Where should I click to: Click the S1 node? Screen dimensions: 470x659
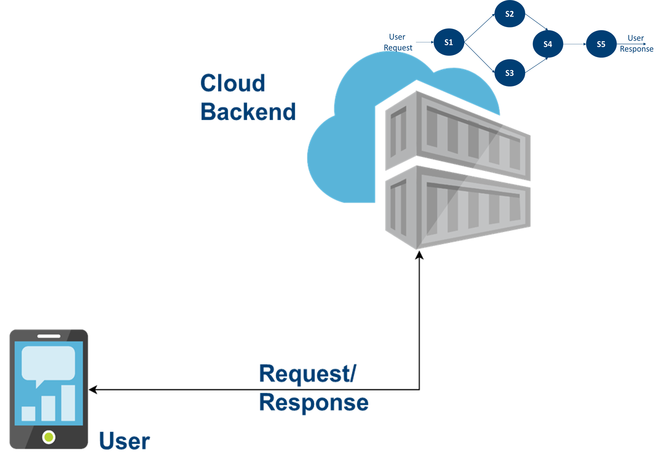449,42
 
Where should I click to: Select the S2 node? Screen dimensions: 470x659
509,14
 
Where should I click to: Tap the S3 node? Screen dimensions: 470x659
509,73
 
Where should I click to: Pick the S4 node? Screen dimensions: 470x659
548,44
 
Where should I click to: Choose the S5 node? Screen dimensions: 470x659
601,44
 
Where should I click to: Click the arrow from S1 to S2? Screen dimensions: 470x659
479,28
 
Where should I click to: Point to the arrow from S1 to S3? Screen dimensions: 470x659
479,57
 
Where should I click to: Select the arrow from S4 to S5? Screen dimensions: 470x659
574,44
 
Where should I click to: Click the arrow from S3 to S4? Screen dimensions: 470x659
536,65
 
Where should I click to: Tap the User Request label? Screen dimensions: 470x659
397,42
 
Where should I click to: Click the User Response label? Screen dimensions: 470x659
636,44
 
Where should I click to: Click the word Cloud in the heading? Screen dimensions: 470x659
232,83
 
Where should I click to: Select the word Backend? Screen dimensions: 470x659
248,111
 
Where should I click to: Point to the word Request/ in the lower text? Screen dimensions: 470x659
308,374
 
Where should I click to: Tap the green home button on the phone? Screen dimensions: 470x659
49,437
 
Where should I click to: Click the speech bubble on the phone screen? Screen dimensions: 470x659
48,364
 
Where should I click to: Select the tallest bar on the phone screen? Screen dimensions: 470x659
68,403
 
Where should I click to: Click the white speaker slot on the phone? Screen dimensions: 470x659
49,336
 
